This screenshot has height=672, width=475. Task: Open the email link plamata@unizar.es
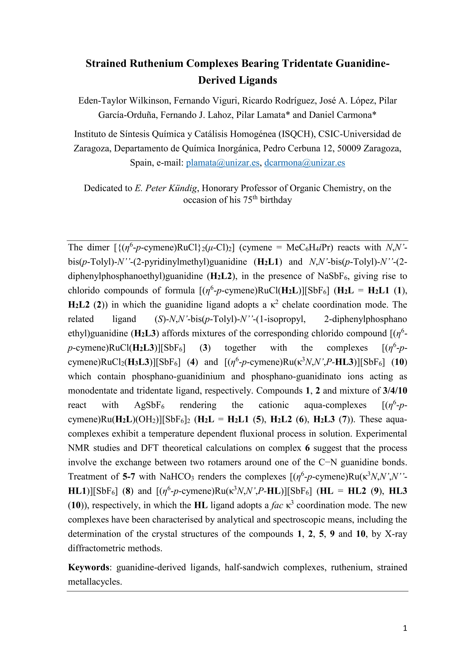point(223,163)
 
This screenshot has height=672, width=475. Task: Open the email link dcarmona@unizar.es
point(305,163)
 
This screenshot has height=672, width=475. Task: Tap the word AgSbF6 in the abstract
point(149,405)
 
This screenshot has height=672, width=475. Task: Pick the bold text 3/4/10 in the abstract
point(395,391)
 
